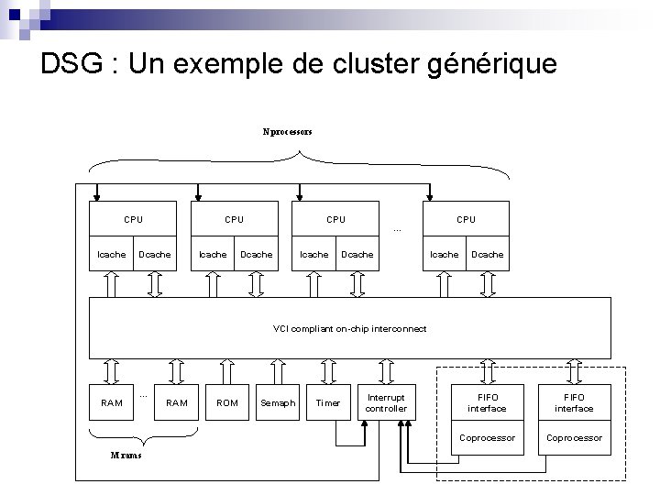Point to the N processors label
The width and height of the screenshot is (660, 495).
(287, 131)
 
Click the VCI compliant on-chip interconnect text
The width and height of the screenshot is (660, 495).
(349, 328)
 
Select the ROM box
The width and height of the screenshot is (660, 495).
(226, 402)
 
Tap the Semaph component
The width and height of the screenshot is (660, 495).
(278, 402)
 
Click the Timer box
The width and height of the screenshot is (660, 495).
(327, 402)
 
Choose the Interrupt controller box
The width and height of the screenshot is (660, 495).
(386, 402)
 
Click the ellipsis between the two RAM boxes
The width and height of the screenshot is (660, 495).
(144, 395)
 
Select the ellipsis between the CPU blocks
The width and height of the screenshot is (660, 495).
(397, 228)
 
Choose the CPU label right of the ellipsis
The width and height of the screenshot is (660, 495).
(466, 219)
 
